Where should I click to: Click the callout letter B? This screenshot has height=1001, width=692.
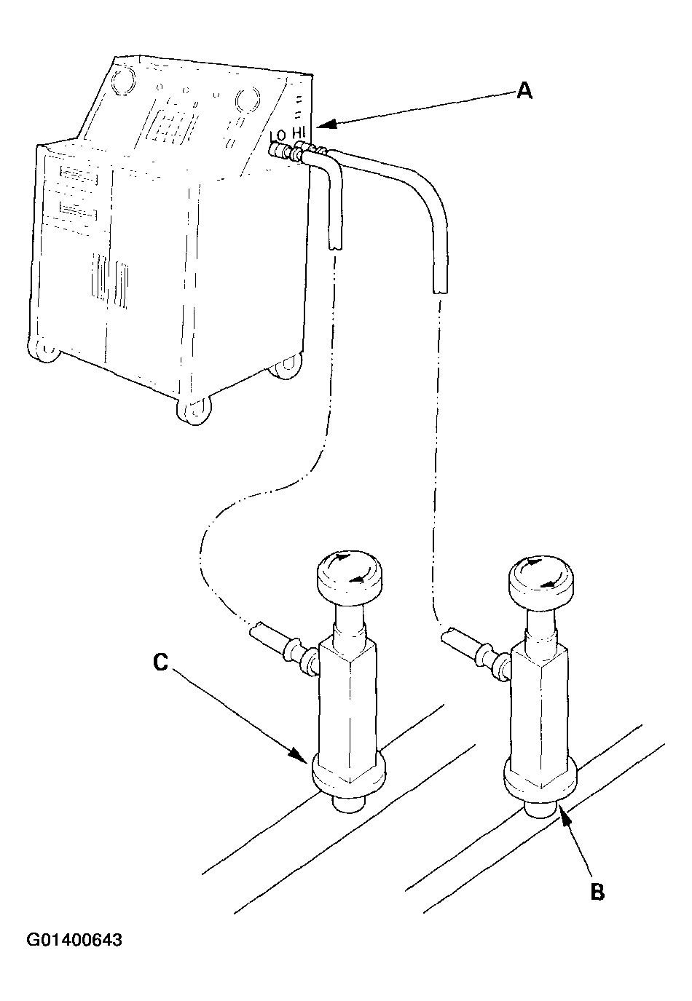(598, 892)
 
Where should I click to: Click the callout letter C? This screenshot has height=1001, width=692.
(160, 662)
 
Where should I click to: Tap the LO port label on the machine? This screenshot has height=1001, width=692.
(278, 134)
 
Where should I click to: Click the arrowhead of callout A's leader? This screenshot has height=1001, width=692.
(326, 124)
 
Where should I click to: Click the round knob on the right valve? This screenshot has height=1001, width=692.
(540, 582)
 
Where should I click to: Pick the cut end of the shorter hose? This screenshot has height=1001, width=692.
(335, 245)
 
